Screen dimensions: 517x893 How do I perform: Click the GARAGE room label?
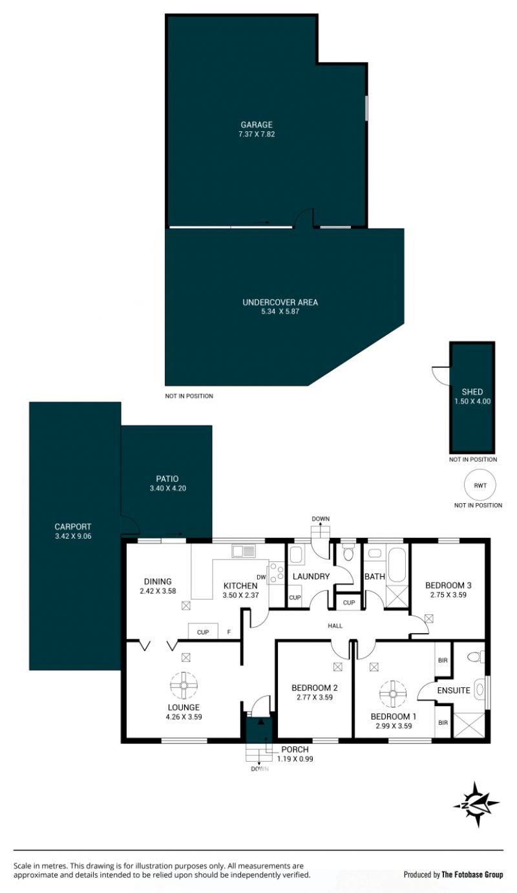257,125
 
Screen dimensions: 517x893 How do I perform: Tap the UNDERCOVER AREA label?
280,302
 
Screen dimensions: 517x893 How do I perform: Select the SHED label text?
472,392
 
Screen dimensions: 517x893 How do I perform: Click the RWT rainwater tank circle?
480,486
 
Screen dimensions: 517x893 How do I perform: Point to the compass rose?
476,804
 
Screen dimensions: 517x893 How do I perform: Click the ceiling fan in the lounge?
184,685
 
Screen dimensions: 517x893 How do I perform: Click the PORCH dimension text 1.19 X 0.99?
295,759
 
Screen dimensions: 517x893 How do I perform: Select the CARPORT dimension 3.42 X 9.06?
73,536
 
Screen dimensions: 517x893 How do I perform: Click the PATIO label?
167,479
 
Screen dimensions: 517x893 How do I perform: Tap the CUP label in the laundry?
295,597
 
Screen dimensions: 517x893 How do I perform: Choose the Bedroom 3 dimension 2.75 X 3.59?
448,595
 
